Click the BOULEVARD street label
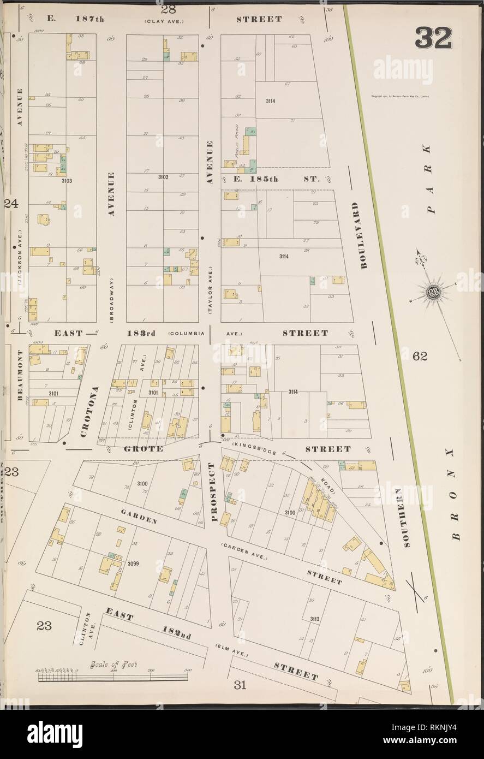click(x=357, y=235)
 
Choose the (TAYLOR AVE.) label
click(x=210, y=290)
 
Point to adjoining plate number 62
click(x=420, y=357)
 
